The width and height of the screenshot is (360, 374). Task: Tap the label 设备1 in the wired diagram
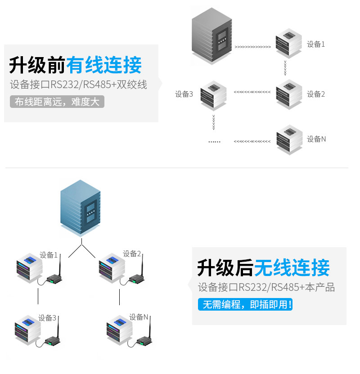coord(316,44)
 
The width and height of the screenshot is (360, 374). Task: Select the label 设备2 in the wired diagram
coord(316,94)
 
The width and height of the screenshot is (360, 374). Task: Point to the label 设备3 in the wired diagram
coord(184,94)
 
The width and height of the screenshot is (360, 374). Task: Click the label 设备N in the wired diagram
coord(316,139)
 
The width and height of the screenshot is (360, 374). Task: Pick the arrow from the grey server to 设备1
coord(252,46)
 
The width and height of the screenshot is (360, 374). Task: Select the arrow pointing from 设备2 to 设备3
coord(252,92)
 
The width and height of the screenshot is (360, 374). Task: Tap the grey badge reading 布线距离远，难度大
coord(57,102)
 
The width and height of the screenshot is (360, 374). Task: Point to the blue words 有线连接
coord(104,65)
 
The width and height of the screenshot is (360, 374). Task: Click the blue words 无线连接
coord(292,268)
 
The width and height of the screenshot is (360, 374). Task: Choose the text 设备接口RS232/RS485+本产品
coord(266,287)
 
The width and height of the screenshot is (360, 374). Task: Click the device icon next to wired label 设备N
coord(289,139)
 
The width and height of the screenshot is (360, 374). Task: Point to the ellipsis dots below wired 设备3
coord(214,142)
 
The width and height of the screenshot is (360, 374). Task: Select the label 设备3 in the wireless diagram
coord(47,318)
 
